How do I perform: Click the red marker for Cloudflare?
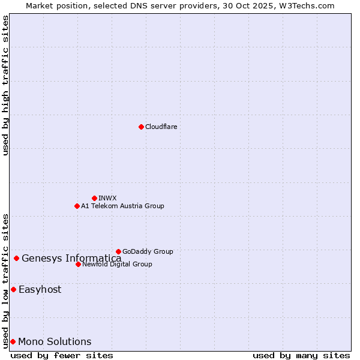pyautogui.click(x=141, y=127)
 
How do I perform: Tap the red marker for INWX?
pyautogui.click(x=94, y=198)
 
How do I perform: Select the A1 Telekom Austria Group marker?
pyautogui.click(x=77, y=206)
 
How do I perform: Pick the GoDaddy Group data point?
pyautogui.click(x=118, y=251)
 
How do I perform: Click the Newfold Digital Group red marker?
pyautogui.click(x=78, y=264)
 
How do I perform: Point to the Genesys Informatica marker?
pyautogui.click(x=16, y=258)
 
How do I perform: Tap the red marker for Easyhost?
pyautogui.click(x=13, y=289)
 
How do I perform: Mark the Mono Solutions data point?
pyautogui.click(x=13, y=341)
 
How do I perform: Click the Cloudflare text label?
pyautogui.click(x=161, y=127)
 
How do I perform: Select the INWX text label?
pyautogui.click(x=107, y=198)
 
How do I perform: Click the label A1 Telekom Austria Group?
pyautogui.click(x=122, y=206)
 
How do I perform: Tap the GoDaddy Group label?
pyautogui.click(x=148, y=251)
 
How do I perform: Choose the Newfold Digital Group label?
pyautogui.click(x=117, y=264)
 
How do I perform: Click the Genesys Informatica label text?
pyautogui.click(x=71, y=259)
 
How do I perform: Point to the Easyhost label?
pyautogui.click(x=40, y=289)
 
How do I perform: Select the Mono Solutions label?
pyautogui.click(x=55, y=342)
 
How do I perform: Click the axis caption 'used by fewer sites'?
pyautogui.click(x=62, y=355)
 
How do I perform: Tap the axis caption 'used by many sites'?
pyautogui.click(x=301, y=355)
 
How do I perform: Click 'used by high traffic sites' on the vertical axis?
pyautogui.click(x=5, y=85)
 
